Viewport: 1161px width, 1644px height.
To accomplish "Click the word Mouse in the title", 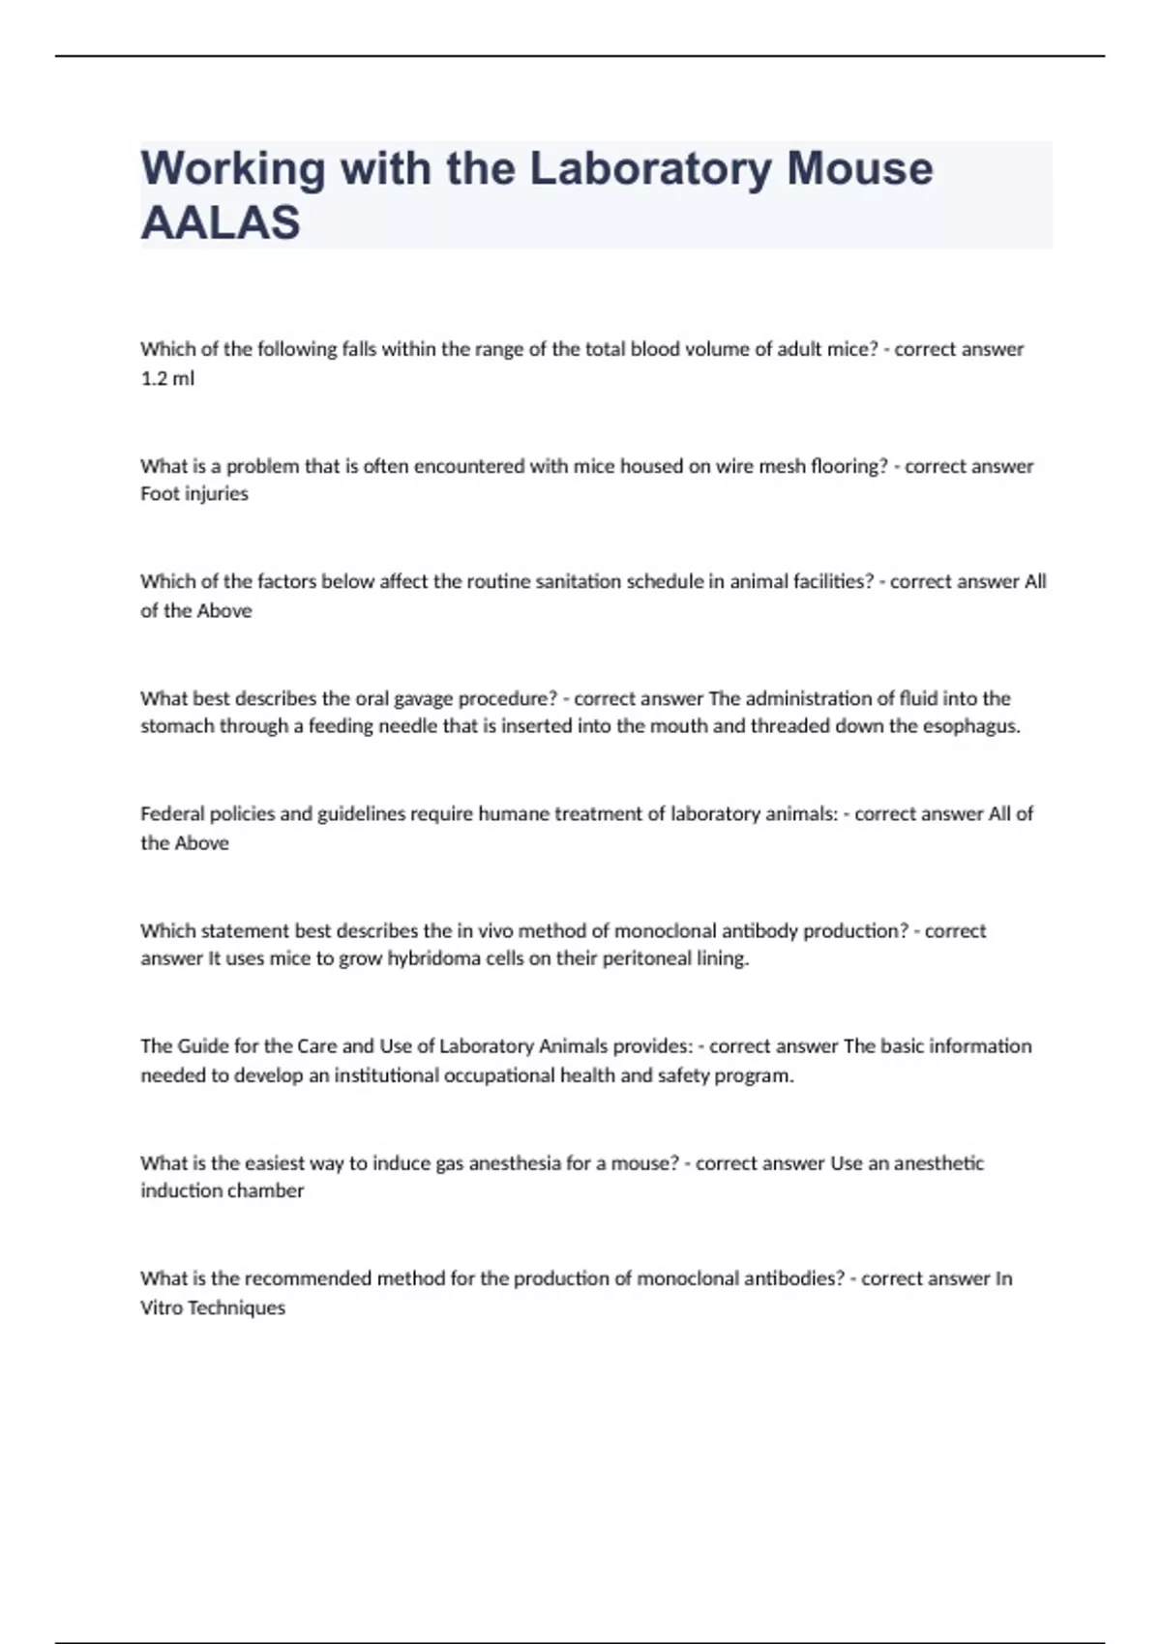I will [859, 169].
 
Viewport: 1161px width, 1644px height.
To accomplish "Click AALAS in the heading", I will [221, 223].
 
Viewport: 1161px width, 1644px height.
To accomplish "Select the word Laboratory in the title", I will [650, 169].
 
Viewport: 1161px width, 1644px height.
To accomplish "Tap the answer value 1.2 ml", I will [167, 379].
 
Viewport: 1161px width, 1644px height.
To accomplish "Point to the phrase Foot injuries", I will [194, 494].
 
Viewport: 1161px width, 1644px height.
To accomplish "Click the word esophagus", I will [968, 726].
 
